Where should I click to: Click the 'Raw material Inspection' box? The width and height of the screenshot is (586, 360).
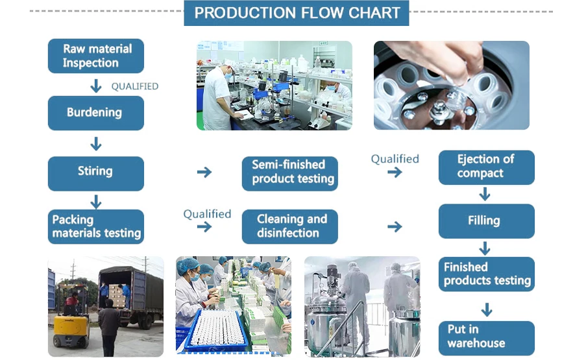coord(95,56)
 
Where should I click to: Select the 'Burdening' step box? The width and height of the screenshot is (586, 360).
coord(95,113)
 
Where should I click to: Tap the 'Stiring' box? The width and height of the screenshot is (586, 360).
coord(95,173)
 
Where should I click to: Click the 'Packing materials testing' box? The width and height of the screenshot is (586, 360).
coord(95,226)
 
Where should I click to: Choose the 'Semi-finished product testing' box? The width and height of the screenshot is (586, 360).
coord(290,173)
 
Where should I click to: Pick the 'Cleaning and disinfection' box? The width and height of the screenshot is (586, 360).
coord(290,226)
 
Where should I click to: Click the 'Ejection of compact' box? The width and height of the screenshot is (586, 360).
coord(486,167)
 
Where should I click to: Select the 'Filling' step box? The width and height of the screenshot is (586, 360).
coord(486,221)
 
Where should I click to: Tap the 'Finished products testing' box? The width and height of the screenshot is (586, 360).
coord(486,274)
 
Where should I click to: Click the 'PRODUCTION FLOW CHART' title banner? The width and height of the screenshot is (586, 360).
coord(297,13)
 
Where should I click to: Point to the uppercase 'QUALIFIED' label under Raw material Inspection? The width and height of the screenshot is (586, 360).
coord(134,86)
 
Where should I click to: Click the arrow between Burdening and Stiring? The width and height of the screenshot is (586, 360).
coord(96,143)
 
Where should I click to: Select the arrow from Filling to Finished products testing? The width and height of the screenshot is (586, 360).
coord(485,248)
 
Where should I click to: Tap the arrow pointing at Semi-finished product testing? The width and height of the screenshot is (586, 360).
coord(204,173)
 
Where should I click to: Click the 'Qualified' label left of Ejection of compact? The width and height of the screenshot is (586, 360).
coord(395,159)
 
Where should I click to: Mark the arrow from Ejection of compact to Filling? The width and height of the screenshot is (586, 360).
coord(485,193)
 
